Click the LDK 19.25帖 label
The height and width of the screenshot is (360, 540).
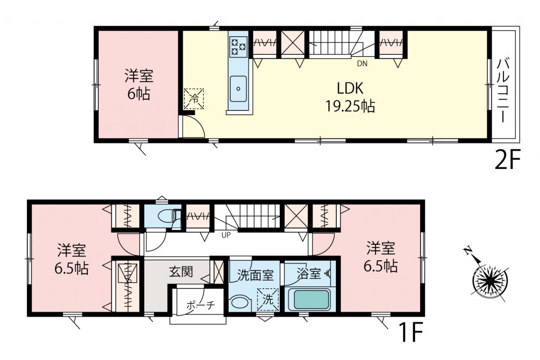pyautogui.click(x=350, y=97)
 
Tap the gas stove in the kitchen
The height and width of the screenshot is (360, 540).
pyautogui.click(x=238, y=47)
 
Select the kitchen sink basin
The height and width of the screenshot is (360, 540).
pyautogui.click(x=238, y=89)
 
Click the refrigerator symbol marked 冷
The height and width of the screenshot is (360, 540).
pyautogui.click(x=194, y=99)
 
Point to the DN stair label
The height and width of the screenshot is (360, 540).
pyautogui.click(x=362, y=64)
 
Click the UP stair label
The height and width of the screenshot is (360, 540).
pyautogui.click(x=226, y=235)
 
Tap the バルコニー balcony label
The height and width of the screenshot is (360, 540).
pyautogui.click(x=503, y=91)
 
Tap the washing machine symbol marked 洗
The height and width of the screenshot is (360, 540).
pyautogui.click(x=267, y=300)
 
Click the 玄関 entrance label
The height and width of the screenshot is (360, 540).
pyautogui.click(x=181, y=272)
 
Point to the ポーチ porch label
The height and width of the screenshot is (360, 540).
pyautogui.click(x=200, y=306)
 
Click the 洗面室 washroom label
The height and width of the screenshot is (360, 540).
pyautogui.click(x=255, y=275)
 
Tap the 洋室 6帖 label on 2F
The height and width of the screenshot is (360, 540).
pyautogui.click(x=139, y=84)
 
